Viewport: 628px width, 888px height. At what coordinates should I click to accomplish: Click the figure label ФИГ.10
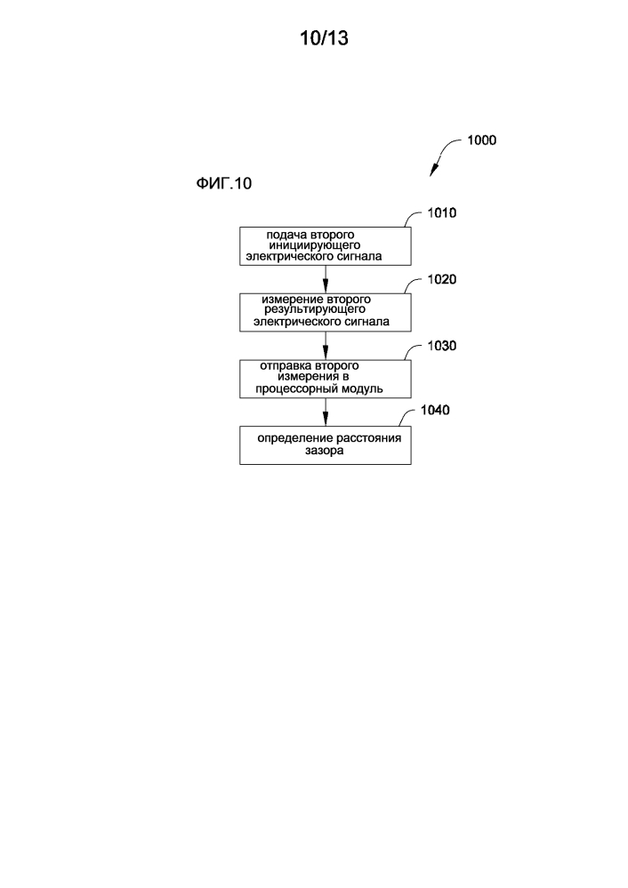pos(224,184)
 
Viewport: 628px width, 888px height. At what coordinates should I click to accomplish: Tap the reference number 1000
pos(481,140)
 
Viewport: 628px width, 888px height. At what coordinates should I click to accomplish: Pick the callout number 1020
pos(442,279)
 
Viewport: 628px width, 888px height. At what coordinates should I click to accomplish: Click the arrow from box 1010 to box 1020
pos(326,280)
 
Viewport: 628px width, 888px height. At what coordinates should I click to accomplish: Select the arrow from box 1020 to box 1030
pos(326,345)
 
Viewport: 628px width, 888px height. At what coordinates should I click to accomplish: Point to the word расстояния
pos(365,438)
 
